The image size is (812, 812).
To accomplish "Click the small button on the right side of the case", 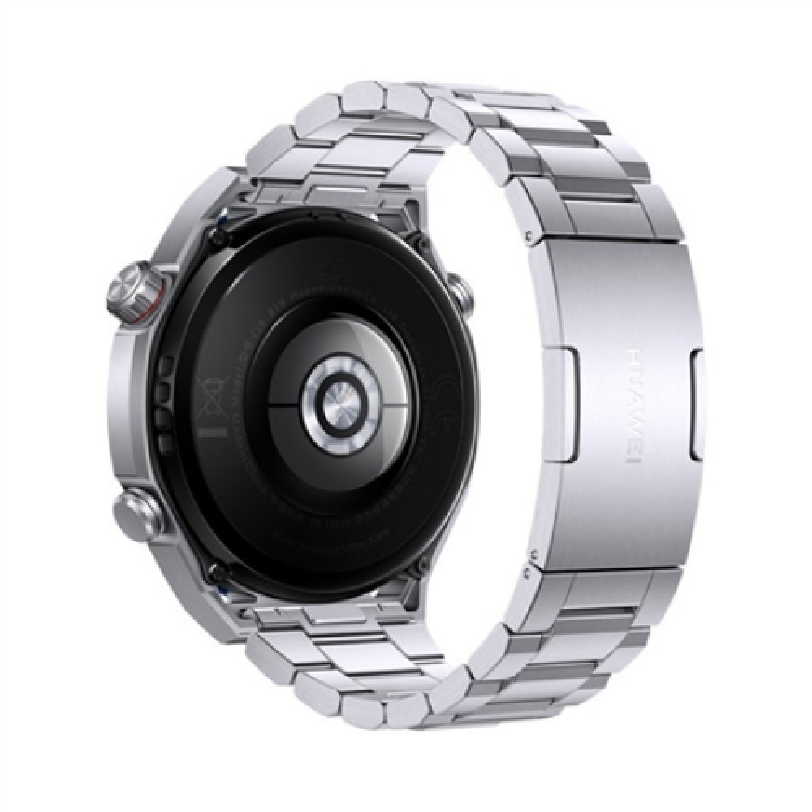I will [x=460, y=293].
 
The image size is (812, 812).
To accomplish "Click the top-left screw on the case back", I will [x=215, y=235].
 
